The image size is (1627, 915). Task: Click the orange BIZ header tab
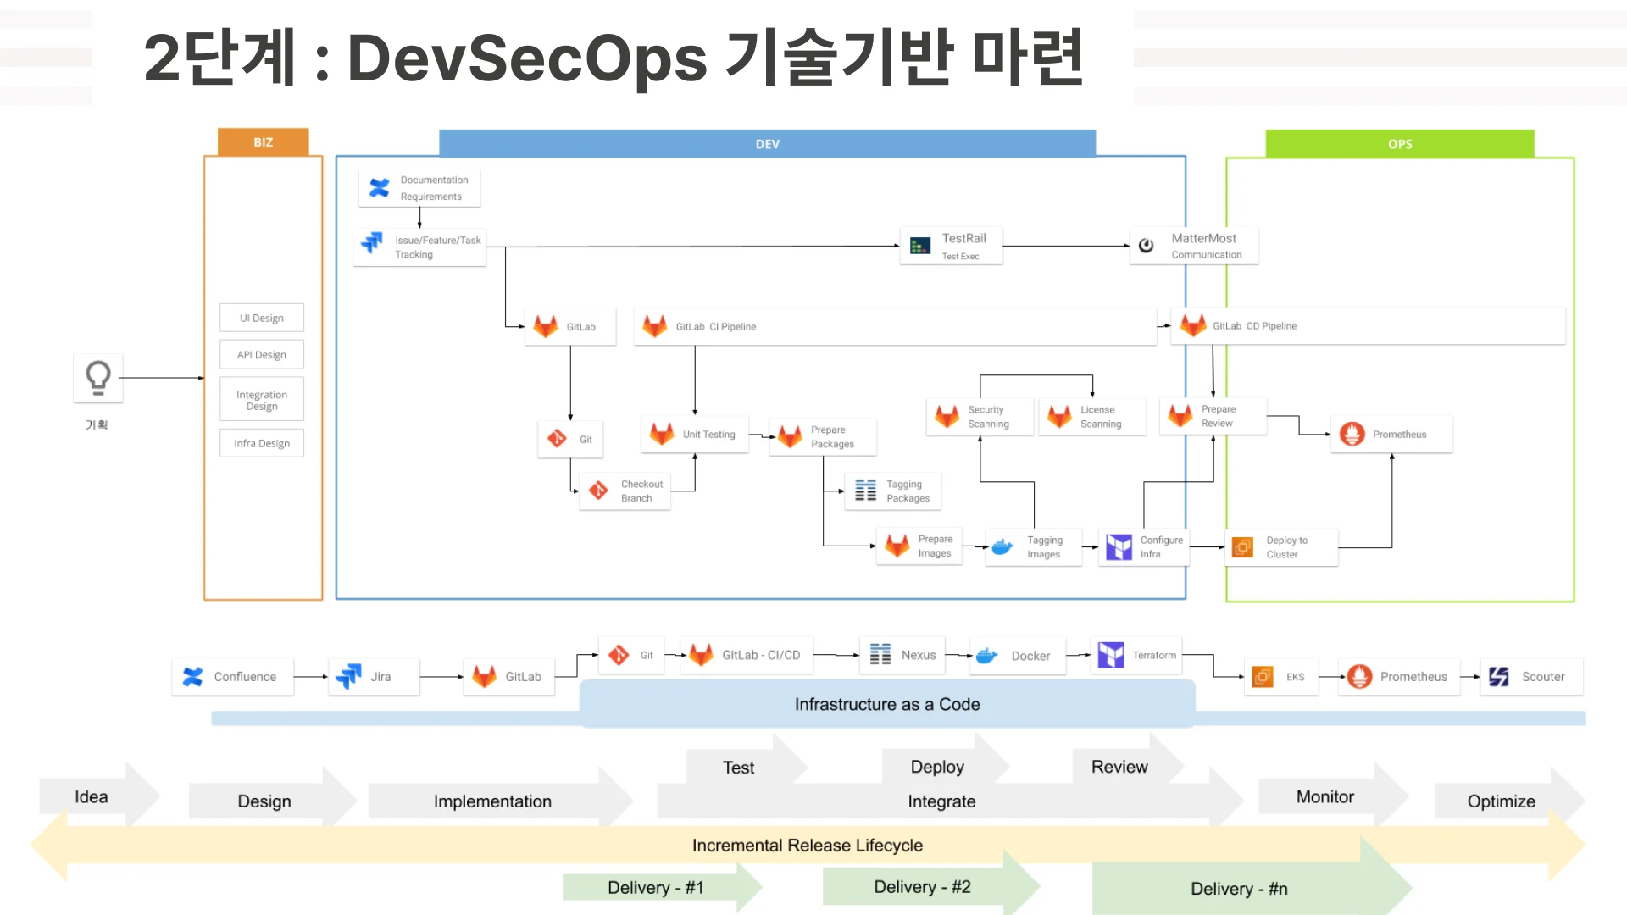click(x=263, y=142)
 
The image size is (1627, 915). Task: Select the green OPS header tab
click(x=1399, y=144)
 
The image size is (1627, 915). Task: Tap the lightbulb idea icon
click(x=98, y=378)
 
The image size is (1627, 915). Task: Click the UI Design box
click(x=262, y=319)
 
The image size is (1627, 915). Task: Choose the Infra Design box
click(x=262, y=443)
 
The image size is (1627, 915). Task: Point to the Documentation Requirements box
click(x=419, y=188)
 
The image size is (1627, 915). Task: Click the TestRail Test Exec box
click(x=951, y=246)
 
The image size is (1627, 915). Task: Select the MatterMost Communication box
click(x=1193, y=246)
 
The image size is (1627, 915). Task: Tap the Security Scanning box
click(x=979, y=417)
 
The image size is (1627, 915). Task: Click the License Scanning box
click(x=1091, y=417)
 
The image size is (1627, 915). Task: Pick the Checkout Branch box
click(x=625, y=491)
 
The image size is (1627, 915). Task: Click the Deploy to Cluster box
click(x=1280, y=547)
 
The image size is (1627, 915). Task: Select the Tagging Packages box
click(x=892, y=491)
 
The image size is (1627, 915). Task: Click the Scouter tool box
click(x=1530, y=677)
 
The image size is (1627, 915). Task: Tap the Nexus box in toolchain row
click(x=902, y=656)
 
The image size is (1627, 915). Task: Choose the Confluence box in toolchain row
click(x=232, y=677)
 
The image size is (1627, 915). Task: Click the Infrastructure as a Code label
click(x=886, y=705)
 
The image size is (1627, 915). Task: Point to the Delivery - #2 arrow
click(x=922, y=887)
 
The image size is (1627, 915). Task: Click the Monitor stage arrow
click(x=1324, y=797)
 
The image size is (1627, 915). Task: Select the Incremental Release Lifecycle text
click(x=807, y=846)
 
